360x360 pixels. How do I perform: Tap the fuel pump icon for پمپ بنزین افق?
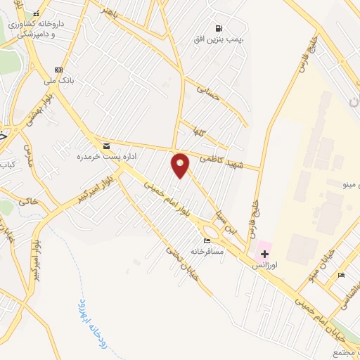point(220,29)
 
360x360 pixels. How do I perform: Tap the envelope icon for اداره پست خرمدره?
point(107,146)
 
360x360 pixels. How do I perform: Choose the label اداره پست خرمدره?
point(105,156)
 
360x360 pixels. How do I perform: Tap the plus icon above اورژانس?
point(264,253)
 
